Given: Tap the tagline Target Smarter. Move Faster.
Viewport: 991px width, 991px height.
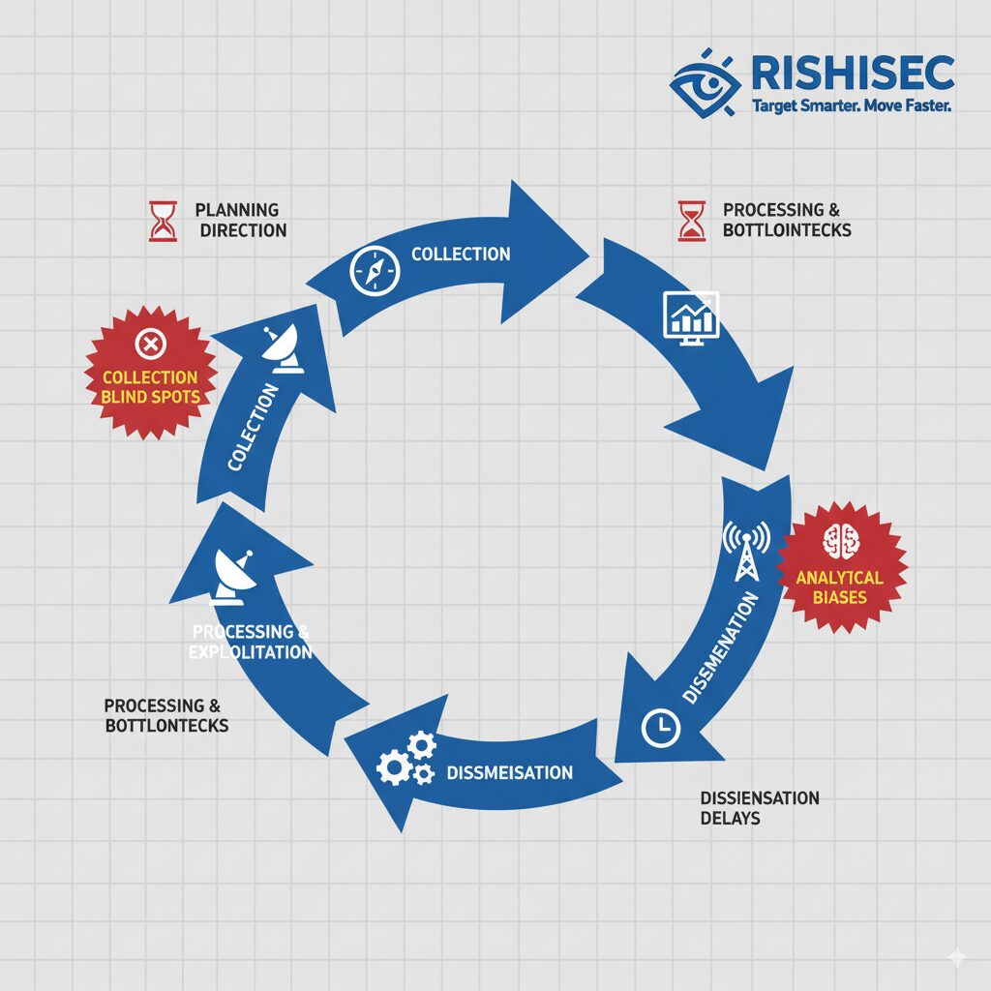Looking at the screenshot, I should click(x=852, y=105).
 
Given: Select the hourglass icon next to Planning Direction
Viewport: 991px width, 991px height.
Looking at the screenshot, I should click(x=162, y=220).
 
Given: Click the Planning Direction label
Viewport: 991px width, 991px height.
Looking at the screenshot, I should click(x=239, y=220).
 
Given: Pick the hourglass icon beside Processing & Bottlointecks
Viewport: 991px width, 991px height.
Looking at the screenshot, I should click(x=691, y=220).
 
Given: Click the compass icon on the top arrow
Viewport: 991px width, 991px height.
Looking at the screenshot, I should click(x=375, y=271).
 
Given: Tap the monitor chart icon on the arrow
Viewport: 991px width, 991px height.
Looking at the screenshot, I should click(x=690, y=315).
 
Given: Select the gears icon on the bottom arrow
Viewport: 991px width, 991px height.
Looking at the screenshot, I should click(x=405, y=759).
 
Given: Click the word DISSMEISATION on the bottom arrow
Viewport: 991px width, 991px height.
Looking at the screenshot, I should click(x=510, y=772).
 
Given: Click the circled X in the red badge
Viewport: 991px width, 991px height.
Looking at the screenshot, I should click(x=150, y=343).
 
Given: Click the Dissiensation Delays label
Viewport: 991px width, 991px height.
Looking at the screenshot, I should click(x=758, y=807).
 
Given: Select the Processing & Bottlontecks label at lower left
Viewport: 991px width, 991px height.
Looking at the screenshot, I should click(x=165, y=715).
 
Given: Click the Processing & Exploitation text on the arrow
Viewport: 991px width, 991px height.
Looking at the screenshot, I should click(x=251, y=642).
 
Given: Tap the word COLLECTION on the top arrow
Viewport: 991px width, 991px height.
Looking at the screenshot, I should click(x=461, y=254).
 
